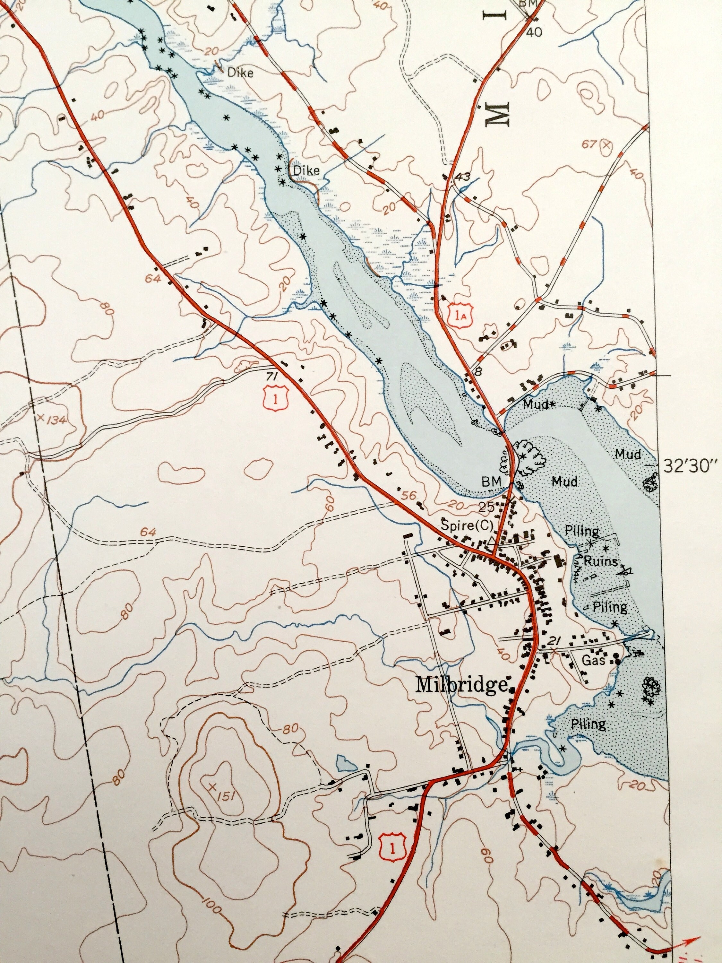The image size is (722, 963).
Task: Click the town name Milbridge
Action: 461,685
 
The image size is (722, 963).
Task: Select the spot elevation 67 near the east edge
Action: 590,144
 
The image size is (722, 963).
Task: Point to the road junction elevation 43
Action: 463,177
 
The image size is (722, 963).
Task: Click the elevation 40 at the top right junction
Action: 536,32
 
